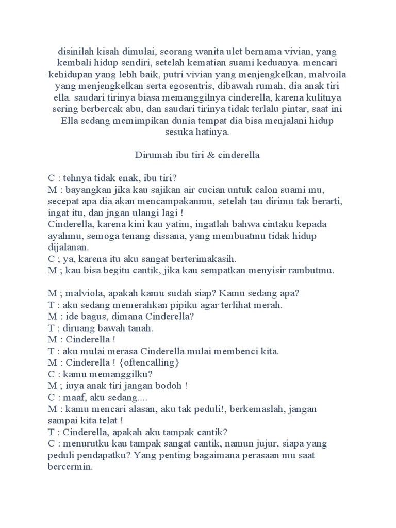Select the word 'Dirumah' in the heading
click(154, 155)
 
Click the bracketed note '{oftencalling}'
click(153, 362)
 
